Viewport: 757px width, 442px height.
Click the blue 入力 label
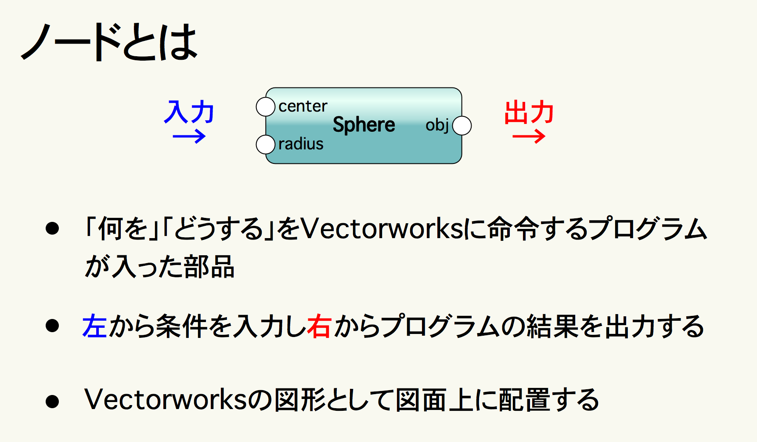click(189, 112)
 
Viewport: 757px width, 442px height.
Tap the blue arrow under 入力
click(189, 137)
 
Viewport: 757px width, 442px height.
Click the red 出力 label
click(529, 112)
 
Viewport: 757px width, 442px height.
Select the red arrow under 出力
click(529, 137)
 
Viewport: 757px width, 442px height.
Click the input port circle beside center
click(266, 107)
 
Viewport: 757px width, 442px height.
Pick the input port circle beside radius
click(266, 145)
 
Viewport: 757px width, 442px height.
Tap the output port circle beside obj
click(462, 126)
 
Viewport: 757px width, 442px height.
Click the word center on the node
click(303, 106)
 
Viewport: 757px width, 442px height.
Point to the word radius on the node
click(301, 144)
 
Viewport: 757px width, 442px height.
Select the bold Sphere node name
click(364, 125)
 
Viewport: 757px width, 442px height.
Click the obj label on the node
click(437, 125)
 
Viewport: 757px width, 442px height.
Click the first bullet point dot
click(52, 228)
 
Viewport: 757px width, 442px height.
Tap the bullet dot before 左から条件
click(52, 326)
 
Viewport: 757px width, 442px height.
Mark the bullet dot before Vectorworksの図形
click(52, 401)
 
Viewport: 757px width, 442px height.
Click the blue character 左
click(95, 326)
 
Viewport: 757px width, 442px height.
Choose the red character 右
click(319, 326)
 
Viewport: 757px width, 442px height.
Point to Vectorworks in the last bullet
click(166, 399)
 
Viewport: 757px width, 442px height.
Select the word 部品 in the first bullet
click(209, 266)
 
